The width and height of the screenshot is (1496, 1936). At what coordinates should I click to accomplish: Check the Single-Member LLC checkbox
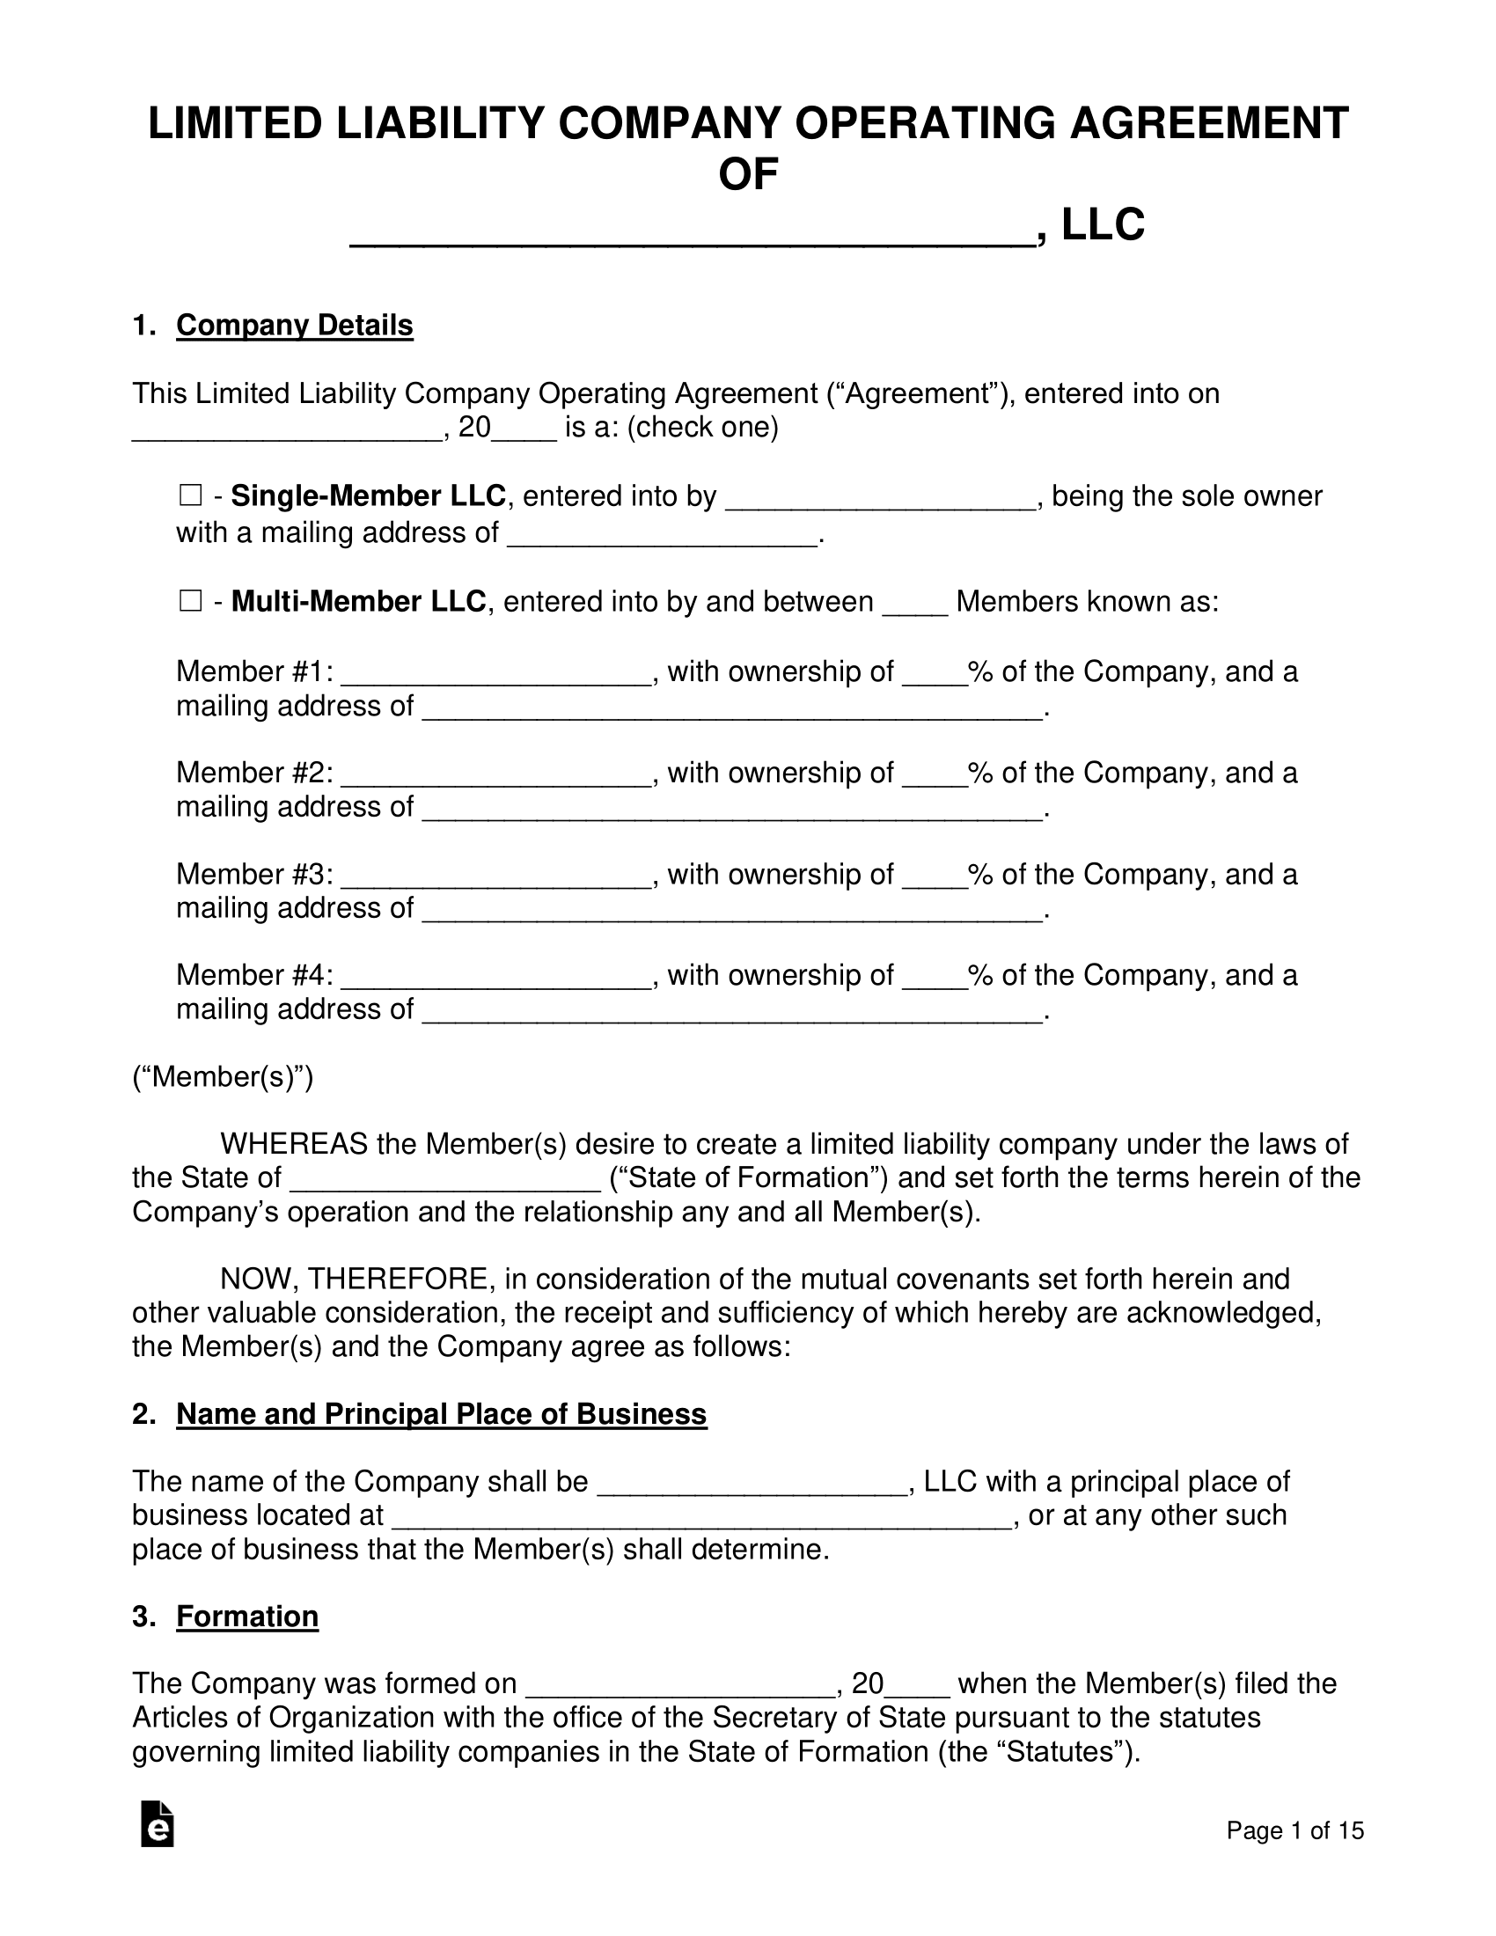190,495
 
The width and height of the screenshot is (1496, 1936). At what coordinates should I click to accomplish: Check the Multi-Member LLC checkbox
190,602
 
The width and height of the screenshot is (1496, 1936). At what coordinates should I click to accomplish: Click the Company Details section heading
294,326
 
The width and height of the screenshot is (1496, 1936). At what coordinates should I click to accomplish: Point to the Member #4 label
254,975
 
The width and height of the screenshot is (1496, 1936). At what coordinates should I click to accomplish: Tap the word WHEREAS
293,1144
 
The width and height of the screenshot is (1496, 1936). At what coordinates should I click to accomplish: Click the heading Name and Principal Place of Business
442,1414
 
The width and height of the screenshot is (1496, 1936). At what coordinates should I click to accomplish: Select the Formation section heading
247,1616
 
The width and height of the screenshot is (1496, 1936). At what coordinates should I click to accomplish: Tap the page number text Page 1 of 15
1294,1830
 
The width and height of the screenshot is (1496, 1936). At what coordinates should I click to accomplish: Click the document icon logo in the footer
158,1824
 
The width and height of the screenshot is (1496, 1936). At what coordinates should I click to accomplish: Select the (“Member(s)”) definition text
223,1077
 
